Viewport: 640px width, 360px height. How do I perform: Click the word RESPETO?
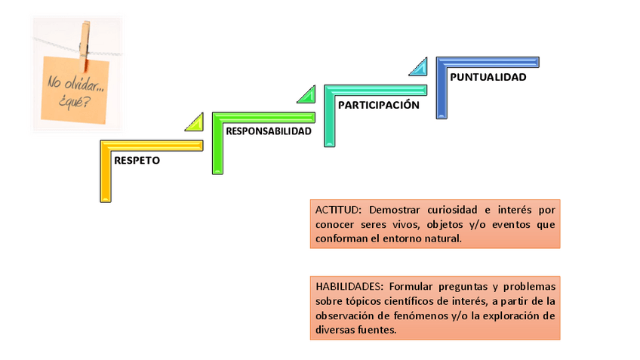137,160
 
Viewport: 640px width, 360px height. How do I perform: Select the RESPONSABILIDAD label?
269,131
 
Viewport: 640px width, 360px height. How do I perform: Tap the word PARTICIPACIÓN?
378,105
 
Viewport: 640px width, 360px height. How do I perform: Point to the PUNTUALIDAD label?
488,76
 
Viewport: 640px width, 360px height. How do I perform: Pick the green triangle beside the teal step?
307,95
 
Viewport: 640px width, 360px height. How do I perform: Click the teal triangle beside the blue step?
418,68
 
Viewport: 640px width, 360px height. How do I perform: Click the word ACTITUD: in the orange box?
339,209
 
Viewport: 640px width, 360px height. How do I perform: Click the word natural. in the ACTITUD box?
441,238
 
